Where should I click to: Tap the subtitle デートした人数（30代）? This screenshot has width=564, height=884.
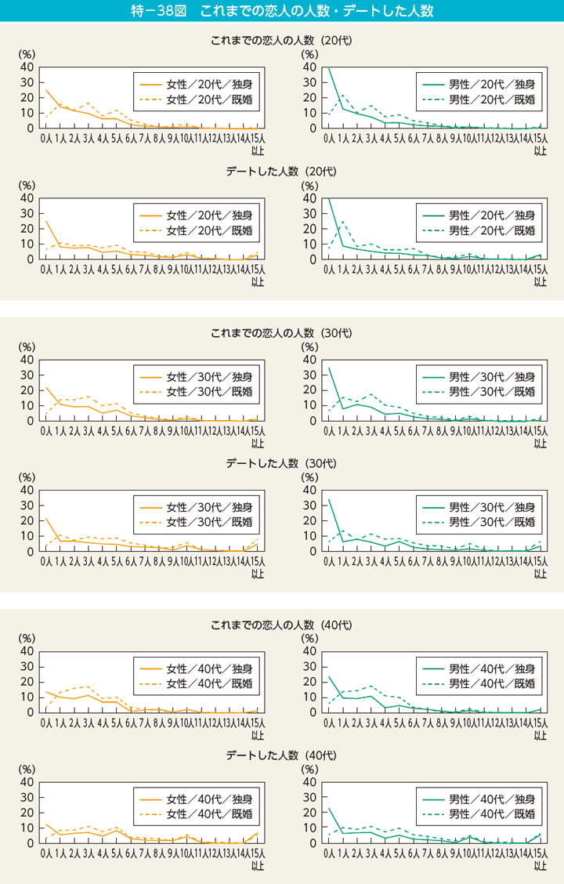(282, 463)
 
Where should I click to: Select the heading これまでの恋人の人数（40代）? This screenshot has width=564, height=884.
(282, 625)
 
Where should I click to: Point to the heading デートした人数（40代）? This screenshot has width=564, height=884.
(282, 755)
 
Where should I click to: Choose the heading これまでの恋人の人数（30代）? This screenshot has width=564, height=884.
(282, 332)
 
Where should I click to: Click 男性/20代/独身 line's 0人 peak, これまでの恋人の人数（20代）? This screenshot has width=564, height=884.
(328, 68)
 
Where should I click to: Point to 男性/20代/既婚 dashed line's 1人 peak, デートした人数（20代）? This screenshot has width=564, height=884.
(342, 221)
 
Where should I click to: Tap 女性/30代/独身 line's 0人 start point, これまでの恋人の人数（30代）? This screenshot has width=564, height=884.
(46, 387)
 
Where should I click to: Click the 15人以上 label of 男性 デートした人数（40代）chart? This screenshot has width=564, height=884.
(540, 860)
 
